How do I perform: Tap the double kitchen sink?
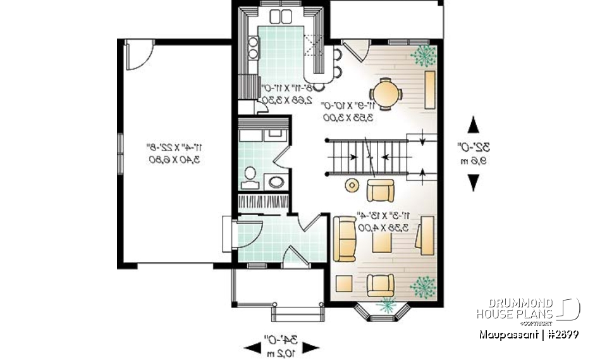click(281, 16)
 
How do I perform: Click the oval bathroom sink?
click(277, 182)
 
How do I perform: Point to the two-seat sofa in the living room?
click(345, 239)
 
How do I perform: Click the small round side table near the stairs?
click(351, 185)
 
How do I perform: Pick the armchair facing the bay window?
click(381, 284)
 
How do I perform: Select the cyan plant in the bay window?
click(384, 306)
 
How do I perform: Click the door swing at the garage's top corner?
click(138, 54)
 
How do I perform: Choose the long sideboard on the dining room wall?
click(430, 90)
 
